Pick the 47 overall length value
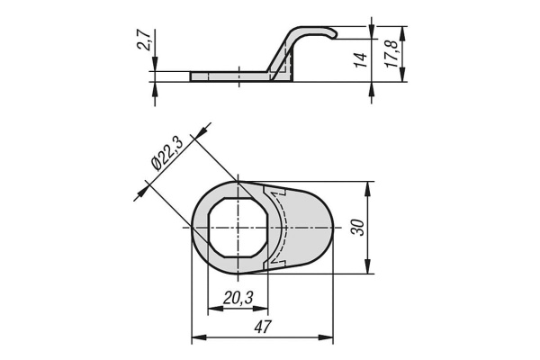tap(262, 328)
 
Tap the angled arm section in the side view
tap(284, 54)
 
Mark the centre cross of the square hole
tap(238, 228)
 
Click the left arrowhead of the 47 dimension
tap(197, 338)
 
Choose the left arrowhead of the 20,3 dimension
tap(212, 309)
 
